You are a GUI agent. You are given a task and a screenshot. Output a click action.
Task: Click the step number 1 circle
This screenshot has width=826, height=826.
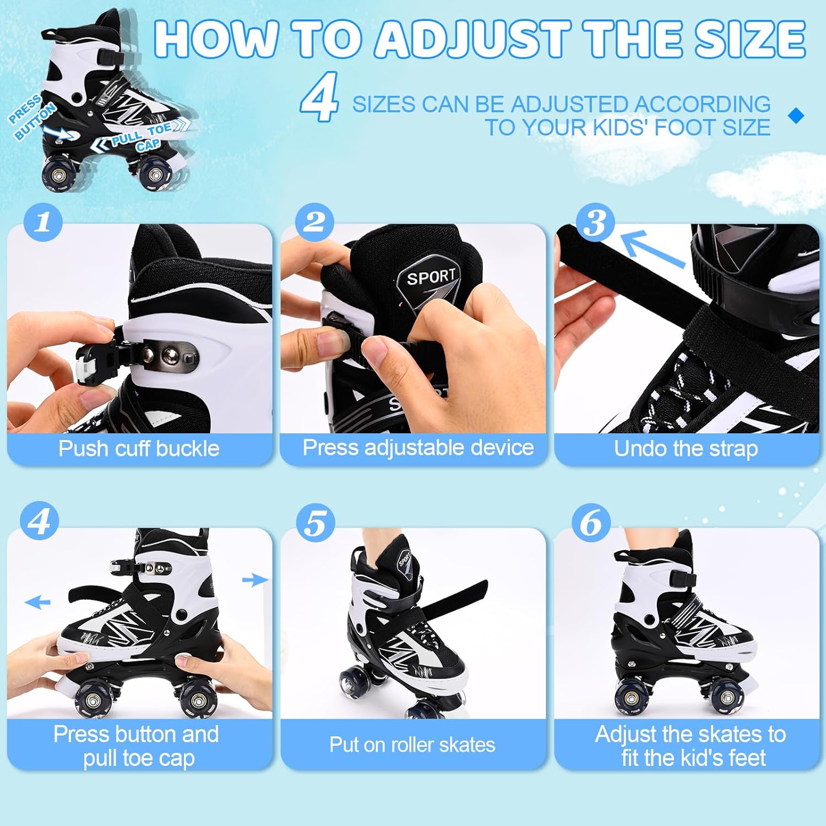pos(43,222)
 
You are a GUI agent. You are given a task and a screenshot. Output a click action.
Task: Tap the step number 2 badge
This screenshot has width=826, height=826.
pos(314,222)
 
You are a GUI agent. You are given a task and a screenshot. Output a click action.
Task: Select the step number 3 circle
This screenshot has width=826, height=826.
pos(595,223)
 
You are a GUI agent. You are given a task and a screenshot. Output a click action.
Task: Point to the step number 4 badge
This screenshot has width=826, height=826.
pos(39,521)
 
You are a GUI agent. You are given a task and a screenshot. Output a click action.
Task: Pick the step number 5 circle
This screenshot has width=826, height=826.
pos(316,523)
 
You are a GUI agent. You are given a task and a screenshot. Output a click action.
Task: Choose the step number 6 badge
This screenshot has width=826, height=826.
pos(591,523)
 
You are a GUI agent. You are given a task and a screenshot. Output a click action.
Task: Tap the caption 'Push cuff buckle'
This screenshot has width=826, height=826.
pos(139,448)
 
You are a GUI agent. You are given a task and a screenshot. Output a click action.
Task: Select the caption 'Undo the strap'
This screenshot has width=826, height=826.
pos(686,448)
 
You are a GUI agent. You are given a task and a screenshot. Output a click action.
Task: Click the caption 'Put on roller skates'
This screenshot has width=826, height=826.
pos(412,745)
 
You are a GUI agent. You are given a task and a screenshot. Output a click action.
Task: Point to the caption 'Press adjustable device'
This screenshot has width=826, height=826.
pos(419,447)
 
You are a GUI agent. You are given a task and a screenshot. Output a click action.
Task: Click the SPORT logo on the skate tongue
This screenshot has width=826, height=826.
pos(431,276)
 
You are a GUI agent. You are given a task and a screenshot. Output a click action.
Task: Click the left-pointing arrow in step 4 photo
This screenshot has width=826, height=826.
pos(37,602)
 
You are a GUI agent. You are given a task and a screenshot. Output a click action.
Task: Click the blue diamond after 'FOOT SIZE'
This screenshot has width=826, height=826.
pos(796,116)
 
